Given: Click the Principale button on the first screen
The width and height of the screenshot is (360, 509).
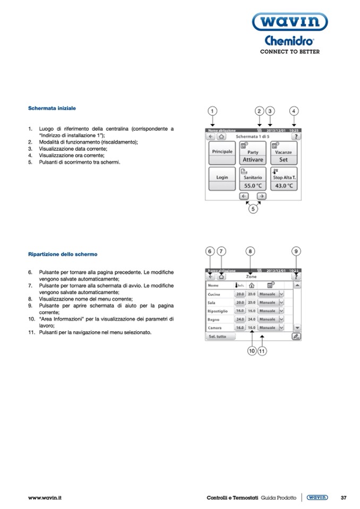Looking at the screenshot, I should (x=222, y=151).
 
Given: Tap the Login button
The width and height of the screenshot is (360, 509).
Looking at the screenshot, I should (x=222, y=177).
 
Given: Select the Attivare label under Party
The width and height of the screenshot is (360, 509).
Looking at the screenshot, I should (x=253, y=159).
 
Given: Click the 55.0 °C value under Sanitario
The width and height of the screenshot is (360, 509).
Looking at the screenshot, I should (x=253, y=186).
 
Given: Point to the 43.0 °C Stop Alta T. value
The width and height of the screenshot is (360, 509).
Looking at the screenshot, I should (x=284, y=186).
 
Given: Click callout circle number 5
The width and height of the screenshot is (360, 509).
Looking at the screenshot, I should (x=253, y=209).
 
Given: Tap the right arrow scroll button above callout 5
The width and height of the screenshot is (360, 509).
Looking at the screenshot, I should (x=261, y=195).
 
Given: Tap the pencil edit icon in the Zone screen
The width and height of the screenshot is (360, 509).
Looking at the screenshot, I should (x=296, y=337).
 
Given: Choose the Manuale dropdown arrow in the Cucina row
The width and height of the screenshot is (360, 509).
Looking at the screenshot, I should (x=281, y=294).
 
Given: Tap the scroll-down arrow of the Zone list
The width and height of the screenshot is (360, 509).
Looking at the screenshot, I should (x=297, y=328).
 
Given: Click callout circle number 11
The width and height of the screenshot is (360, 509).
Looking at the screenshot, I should (x=262, y=351).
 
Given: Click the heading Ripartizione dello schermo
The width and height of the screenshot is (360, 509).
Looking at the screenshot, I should (x=63, y=254).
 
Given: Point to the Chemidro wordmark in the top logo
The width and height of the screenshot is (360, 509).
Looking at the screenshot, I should (x=289, y=41).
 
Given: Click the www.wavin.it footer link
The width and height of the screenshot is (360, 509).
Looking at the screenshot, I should (x=45, y=497).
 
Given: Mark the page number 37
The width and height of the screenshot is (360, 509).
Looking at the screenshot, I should (x=344, y=497).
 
